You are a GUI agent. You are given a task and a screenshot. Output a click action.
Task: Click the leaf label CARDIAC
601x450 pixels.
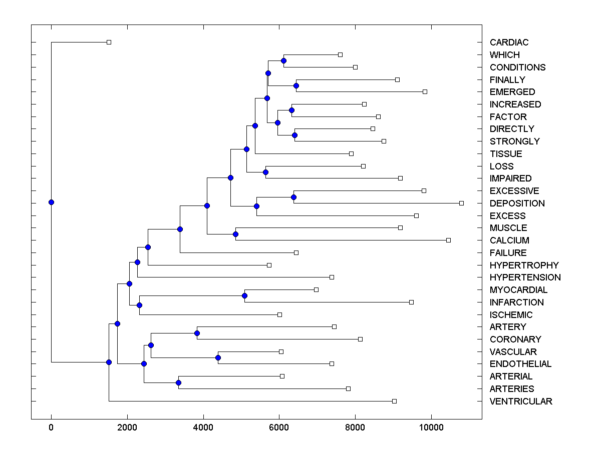click(x=509, y=42)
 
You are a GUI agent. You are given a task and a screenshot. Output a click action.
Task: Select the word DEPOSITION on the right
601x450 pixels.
click(x=517, y=203)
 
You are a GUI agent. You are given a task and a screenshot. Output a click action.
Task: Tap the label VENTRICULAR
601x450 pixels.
click(x=521, y=401)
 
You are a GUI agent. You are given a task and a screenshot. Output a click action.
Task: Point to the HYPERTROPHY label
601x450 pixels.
click(x=524, y=265)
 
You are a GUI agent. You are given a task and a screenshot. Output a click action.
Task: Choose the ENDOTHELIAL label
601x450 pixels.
click(x=520, y=364)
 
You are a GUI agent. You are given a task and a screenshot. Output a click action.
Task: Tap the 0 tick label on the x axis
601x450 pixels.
click(x=51, y=427)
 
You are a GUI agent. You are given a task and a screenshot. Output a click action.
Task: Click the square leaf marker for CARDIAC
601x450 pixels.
click(x=109, y=42)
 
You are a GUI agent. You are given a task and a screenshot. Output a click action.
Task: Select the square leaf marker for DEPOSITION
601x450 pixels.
click(x=461, y=203)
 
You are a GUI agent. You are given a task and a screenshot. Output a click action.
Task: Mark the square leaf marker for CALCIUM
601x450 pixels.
click(x=448, y=240)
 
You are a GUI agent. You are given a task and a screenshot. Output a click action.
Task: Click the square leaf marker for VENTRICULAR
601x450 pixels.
click(x=394, y=401)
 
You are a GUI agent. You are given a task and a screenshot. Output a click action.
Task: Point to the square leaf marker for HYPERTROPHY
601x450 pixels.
click(x=269, y=265)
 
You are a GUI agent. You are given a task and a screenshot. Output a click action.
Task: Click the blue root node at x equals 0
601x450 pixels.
click(x=51, y=202)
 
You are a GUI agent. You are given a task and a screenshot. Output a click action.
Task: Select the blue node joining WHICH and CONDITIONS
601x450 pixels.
click(x=283, y=61)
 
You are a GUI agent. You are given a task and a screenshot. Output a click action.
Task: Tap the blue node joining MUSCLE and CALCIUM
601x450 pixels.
click(x=235, y=234)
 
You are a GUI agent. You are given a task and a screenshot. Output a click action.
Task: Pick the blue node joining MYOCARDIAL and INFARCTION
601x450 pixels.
click(x=244, y=295)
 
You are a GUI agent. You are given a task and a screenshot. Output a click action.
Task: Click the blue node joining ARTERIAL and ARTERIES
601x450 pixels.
click(x=178, y=382)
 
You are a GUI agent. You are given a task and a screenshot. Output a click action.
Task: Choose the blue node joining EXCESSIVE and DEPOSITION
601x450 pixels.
click(x=293, y=197)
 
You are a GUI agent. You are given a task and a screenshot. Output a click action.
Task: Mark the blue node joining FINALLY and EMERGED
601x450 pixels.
click(x=296, y=85)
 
